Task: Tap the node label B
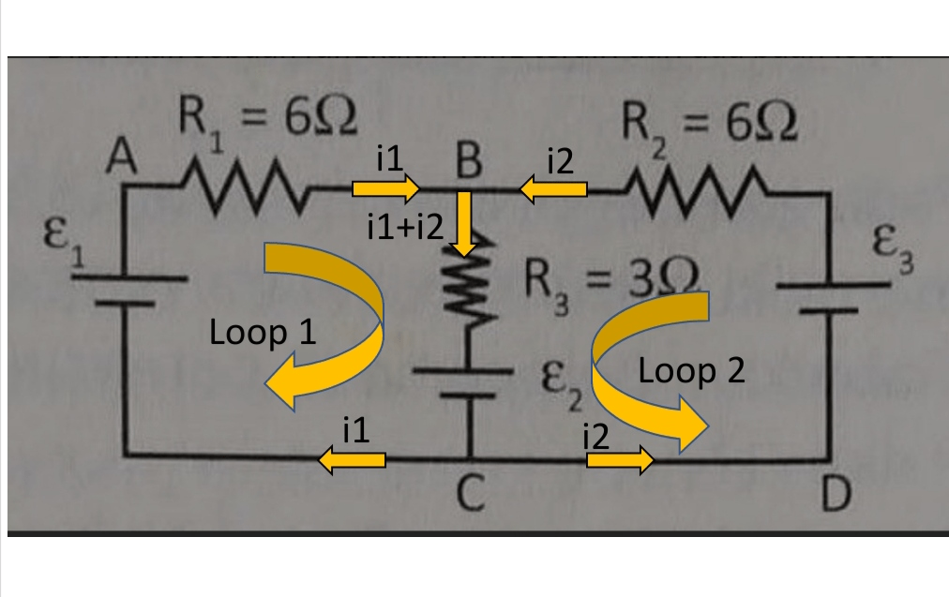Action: pos(467,161)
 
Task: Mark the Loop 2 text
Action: pos(691,371)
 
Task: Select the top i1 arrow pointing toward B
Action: pos(385,190)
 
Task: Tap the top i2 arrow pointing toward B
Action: pos(553,190)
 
